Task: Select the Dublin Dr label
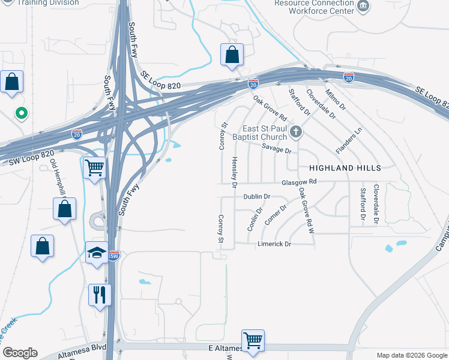point(257,196)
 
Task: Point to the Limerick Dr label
point(274,244)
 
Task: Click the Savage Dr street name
point(276,151)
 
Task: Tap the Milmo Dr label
point(336,99)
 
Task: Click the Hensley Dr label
point(235,170)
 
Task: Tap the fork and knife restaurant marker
point(100,295)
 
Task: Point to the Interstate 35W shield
point(114,255)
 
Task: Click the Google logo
point(19,353)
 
